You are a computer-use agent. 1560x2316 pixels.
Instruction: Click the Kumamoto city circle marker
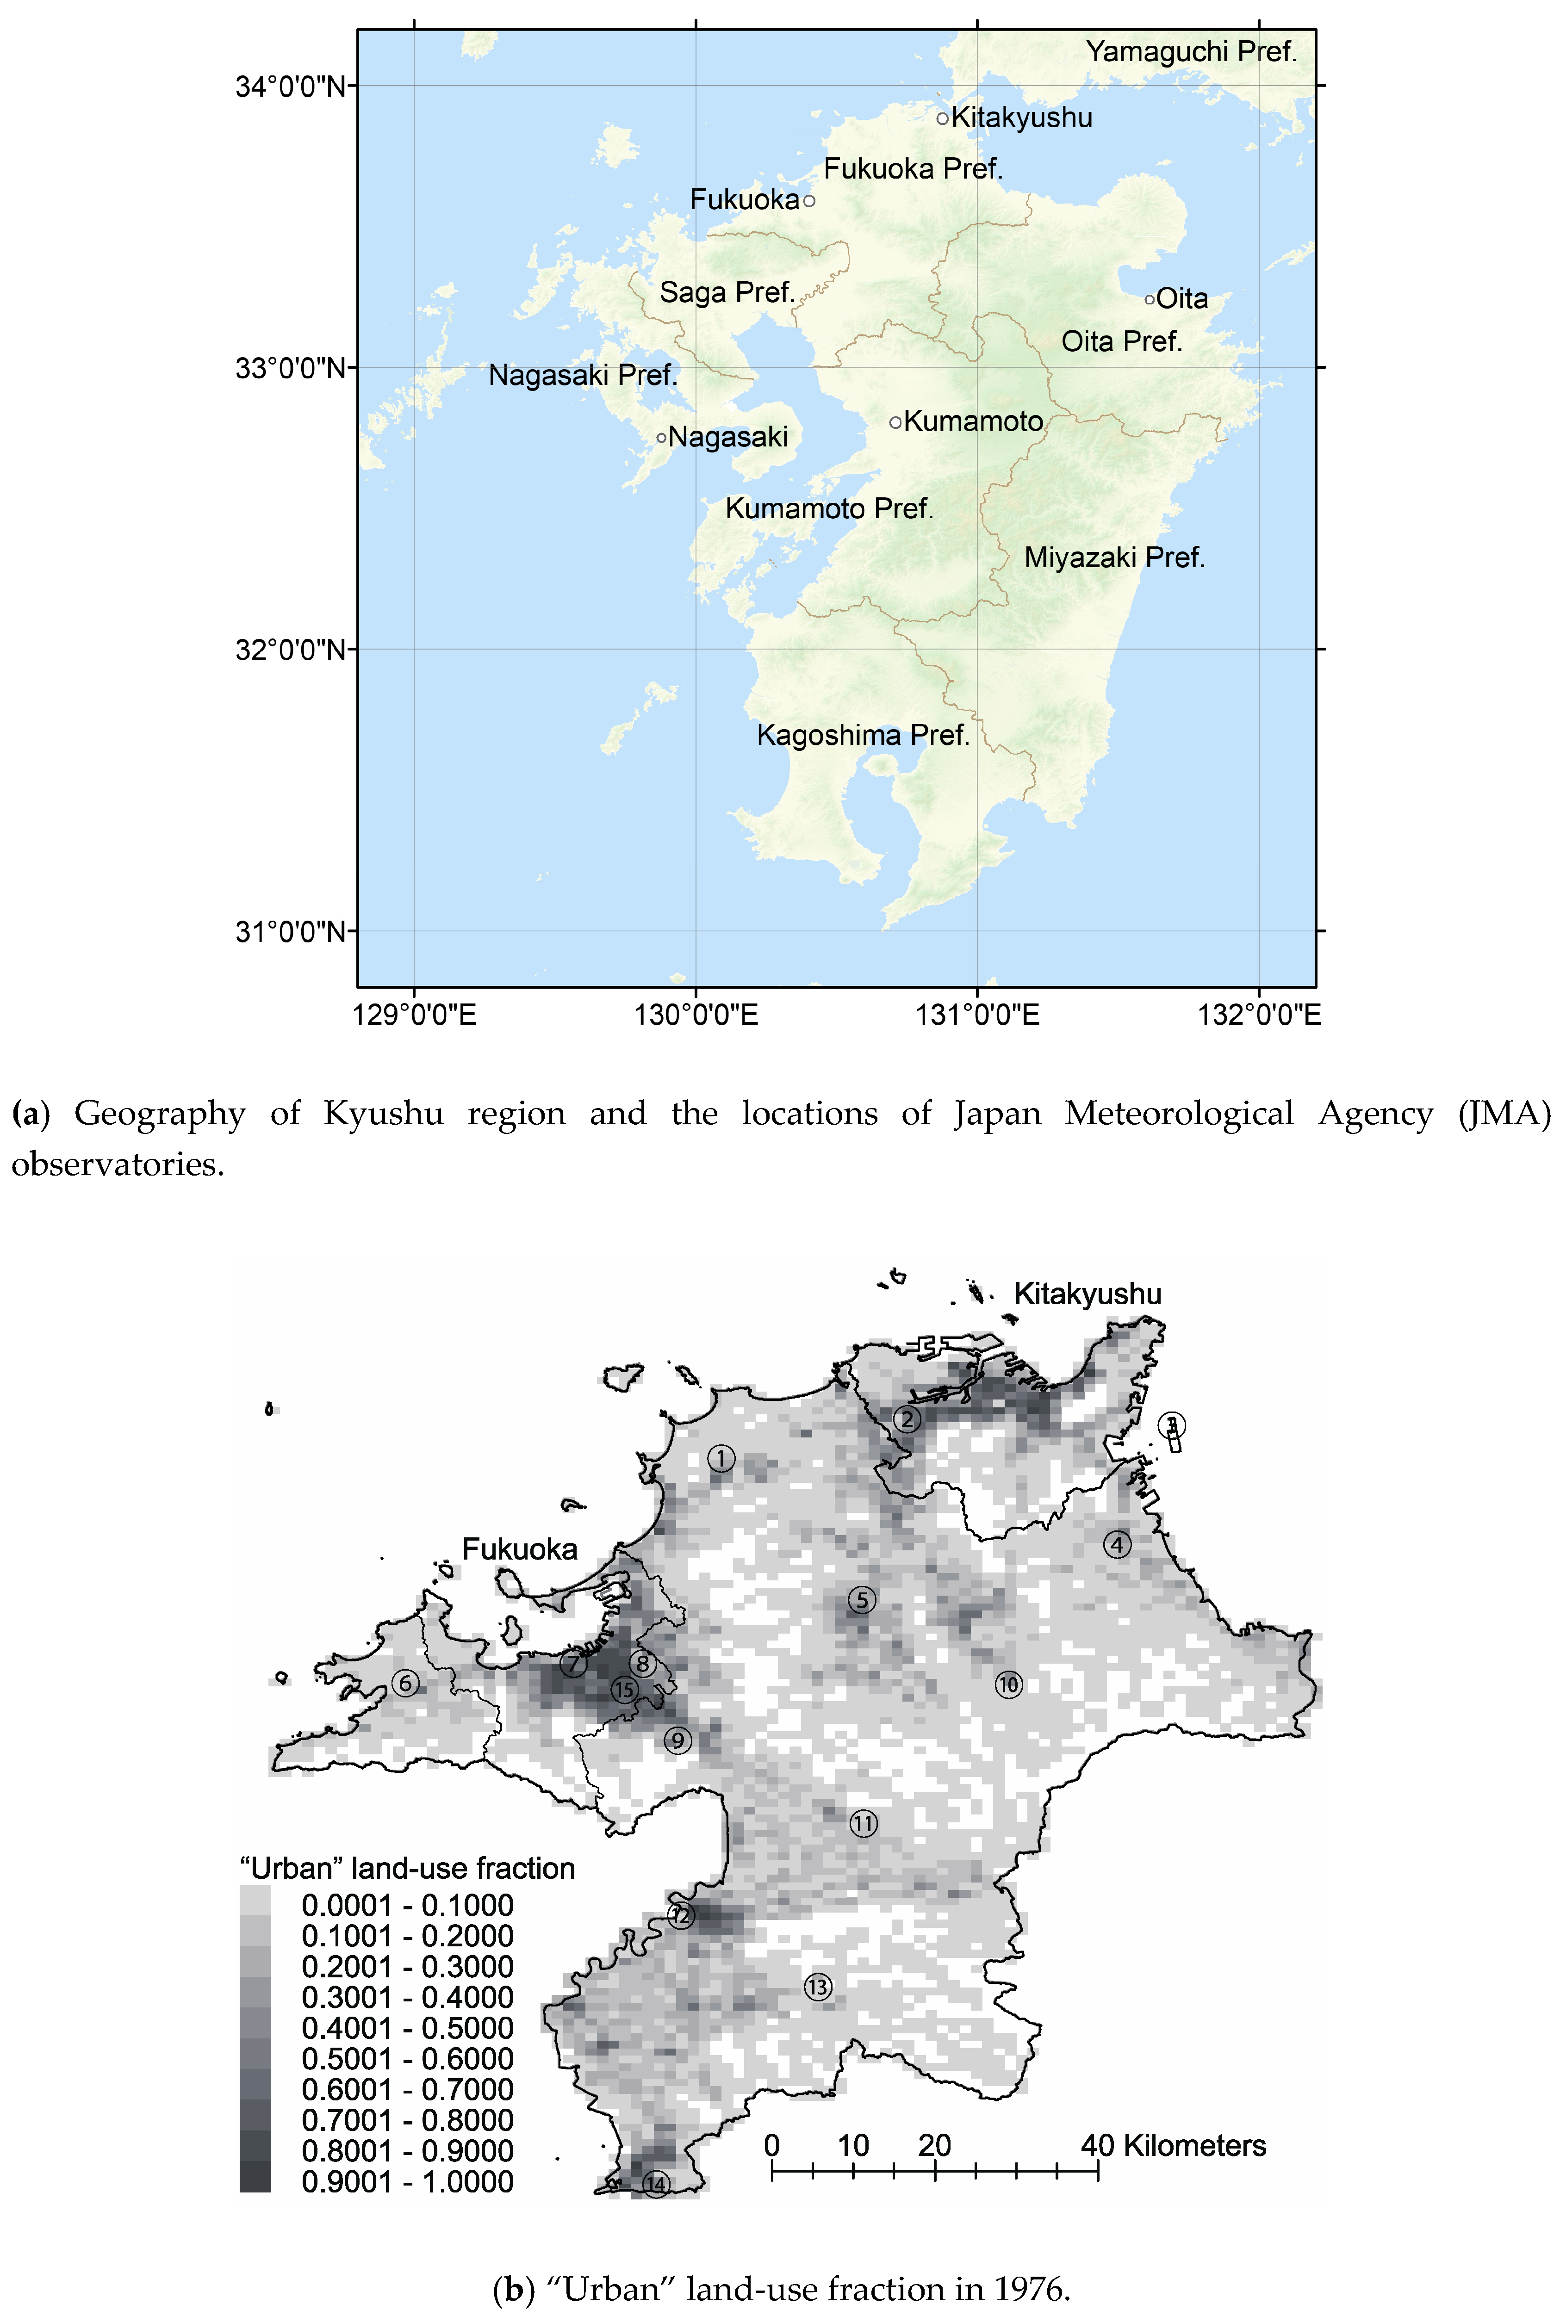click(x=895, y=423)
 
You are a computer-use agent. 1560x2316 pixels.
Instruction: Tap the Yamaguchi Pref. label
click(x=1191, y=52)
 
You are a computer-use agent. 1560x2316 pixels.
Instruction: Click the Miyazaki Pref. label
click(x=1114, y=558)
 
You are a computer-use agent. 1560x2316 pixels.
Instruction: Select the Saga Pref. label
click(x=726, y=292)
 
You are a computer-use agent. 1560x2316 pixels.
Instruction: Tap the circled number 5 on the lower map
click(x=862, y=1600)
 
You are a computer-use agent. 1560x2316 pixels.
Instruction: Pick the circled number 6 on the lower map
click(x=405, y=1683)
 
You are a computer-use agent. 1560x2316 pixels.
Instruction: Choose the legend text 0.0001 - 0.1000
click(x=407, y=1905)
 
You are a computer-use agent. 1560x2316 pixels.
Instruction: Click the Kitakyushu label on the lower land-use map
click(x=1088, y=1294)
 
